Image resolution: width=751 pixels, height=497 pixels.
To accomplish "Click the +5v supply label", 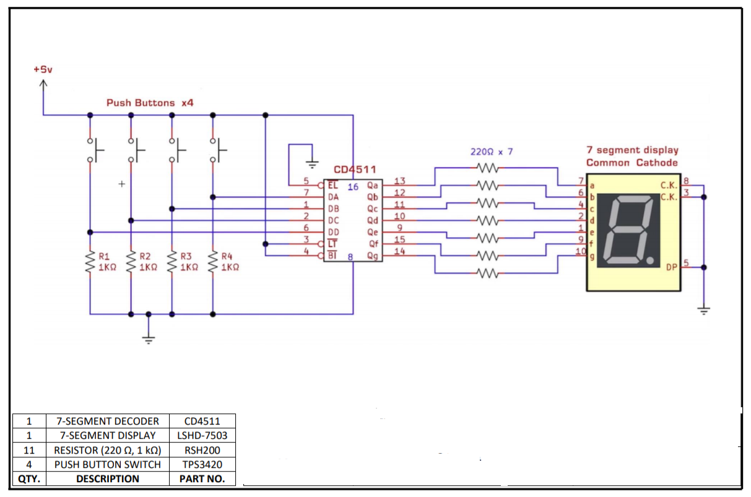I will pyautogui.click(x=43, y=69).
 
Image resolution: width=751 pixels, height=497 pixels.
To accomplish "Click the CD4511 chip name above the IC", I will pyautogui.click(x=355, y=170).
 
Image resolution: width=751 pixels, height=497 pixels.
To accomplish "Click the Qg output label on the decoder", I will pyautogui.click(x=373, y=256).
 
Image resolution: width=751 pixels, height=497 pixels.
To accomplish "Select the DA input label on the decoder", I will pyautogui.click(x=333, y=197).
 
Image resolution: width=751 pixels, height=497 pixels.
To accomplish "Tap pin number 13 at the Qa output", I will pyautogui.click(x=399, y=181).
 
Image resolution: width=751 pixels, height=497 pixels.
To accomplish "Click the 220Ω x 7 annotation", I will pyautogui.click(x=492, y=152).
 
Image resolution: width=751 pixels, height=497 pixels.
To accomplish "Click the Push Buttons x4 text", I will pyautogui.click(x=150, y=103).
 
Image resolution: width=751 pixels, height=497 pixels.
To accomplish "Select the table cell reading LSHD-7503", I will pyautogui.click(x=202, y=435).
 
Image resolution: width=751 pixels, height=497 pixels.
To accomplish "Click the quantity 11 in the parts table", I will pyautogui.click(x=29, y=450).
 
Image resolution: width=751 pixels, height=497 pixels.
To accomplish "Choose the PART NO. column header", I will pyautogui.click(x=202, y=478).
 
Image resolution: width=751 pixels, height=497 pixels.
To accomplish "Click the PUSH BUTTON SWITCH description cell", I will pyautogui.click(x=108, y=464).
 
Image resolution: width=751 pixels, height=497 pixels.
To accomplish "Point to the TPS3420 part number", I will pyautogui.click(x=202, y=464).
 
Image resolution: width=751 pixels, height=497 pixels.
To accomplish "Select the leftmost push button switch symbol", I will pyautogui.click(x=94, y=149).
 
